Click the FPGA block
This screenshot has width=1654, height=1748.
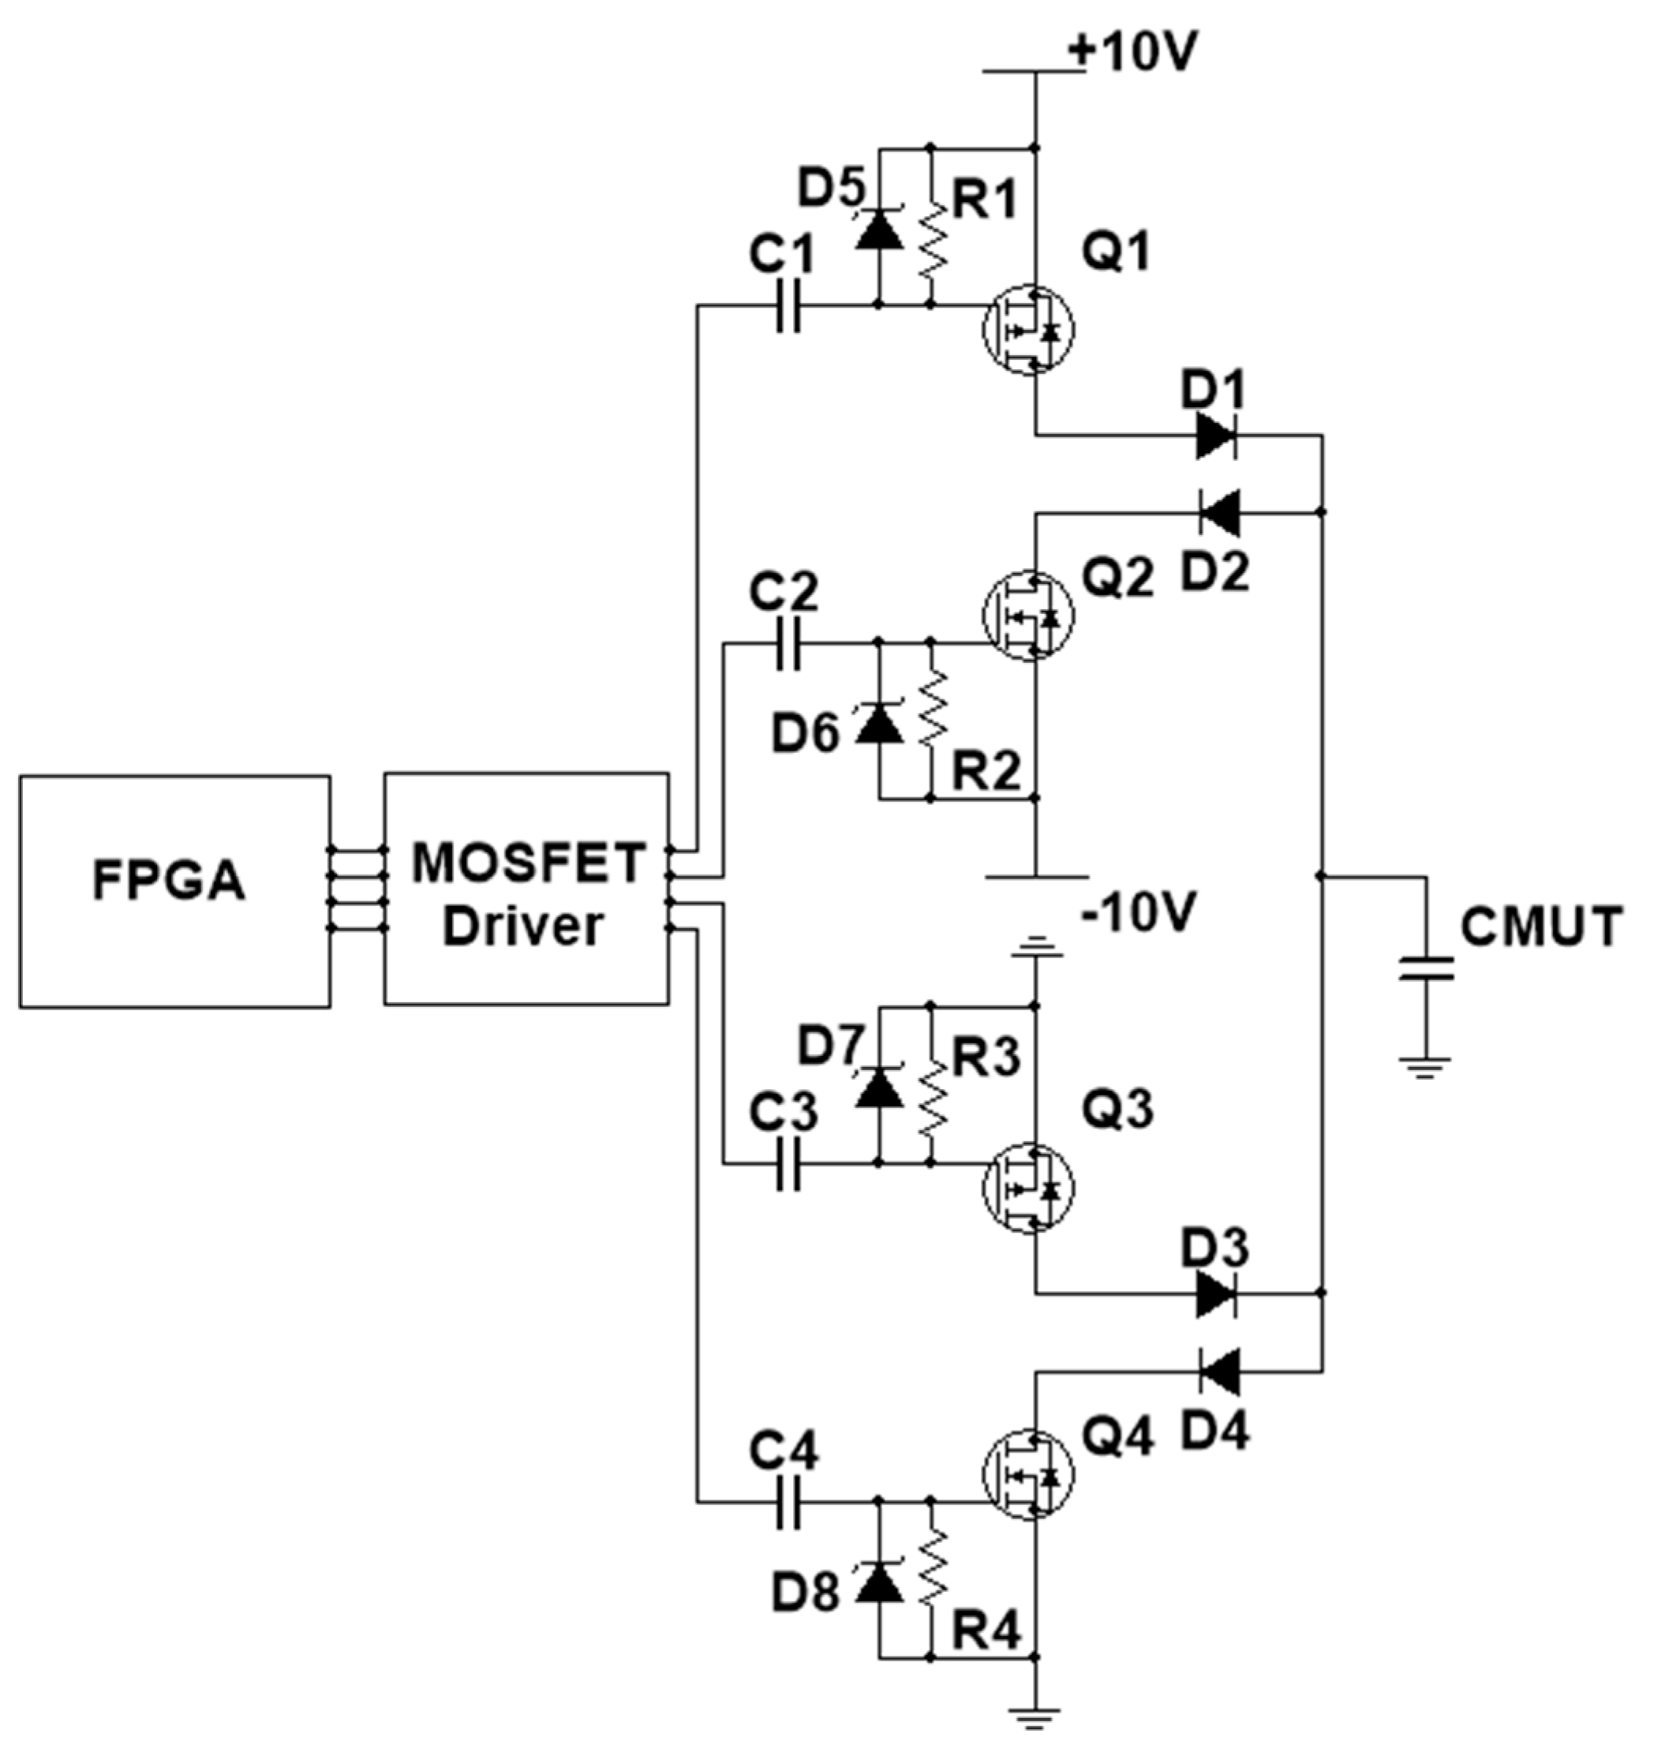pyautogui.click(x=174, y=890)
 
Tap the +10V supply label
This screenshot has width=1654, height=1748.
pyautogui.click(x=1132, y=53)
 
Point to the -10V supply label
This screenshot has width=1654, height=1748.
pyautogui.click(x=1137, y=913)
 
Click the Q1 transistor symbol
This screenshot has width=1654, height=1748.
pyautogui.click(x=1028, y=330)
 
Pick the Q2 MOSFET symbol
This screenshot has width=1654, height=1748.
pyautogui.click(x=1028, y=616)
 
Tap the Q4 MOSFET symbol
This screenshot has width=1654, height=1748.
pyautogui.click(x=1028, y=1475)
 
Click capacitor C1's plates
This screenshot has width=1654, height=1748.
pyautogui.click(x=789, y=306)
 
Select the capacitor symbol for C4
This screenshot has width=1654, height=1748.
pyautogui.click(x=789, y=1503)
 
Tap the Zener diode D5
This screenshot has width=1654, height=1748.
pyautogui.click(x=879, y=229)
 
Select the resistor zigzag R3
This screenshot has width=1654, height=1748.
pyautogui.click(x=932, y=1087)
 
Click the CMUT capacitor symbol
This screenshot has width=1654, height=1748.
pyautogui.click(x=1426, y=968)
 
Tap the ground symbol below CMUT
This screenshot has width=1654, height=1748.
pyautogui.click(x=1426, y=1068)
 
